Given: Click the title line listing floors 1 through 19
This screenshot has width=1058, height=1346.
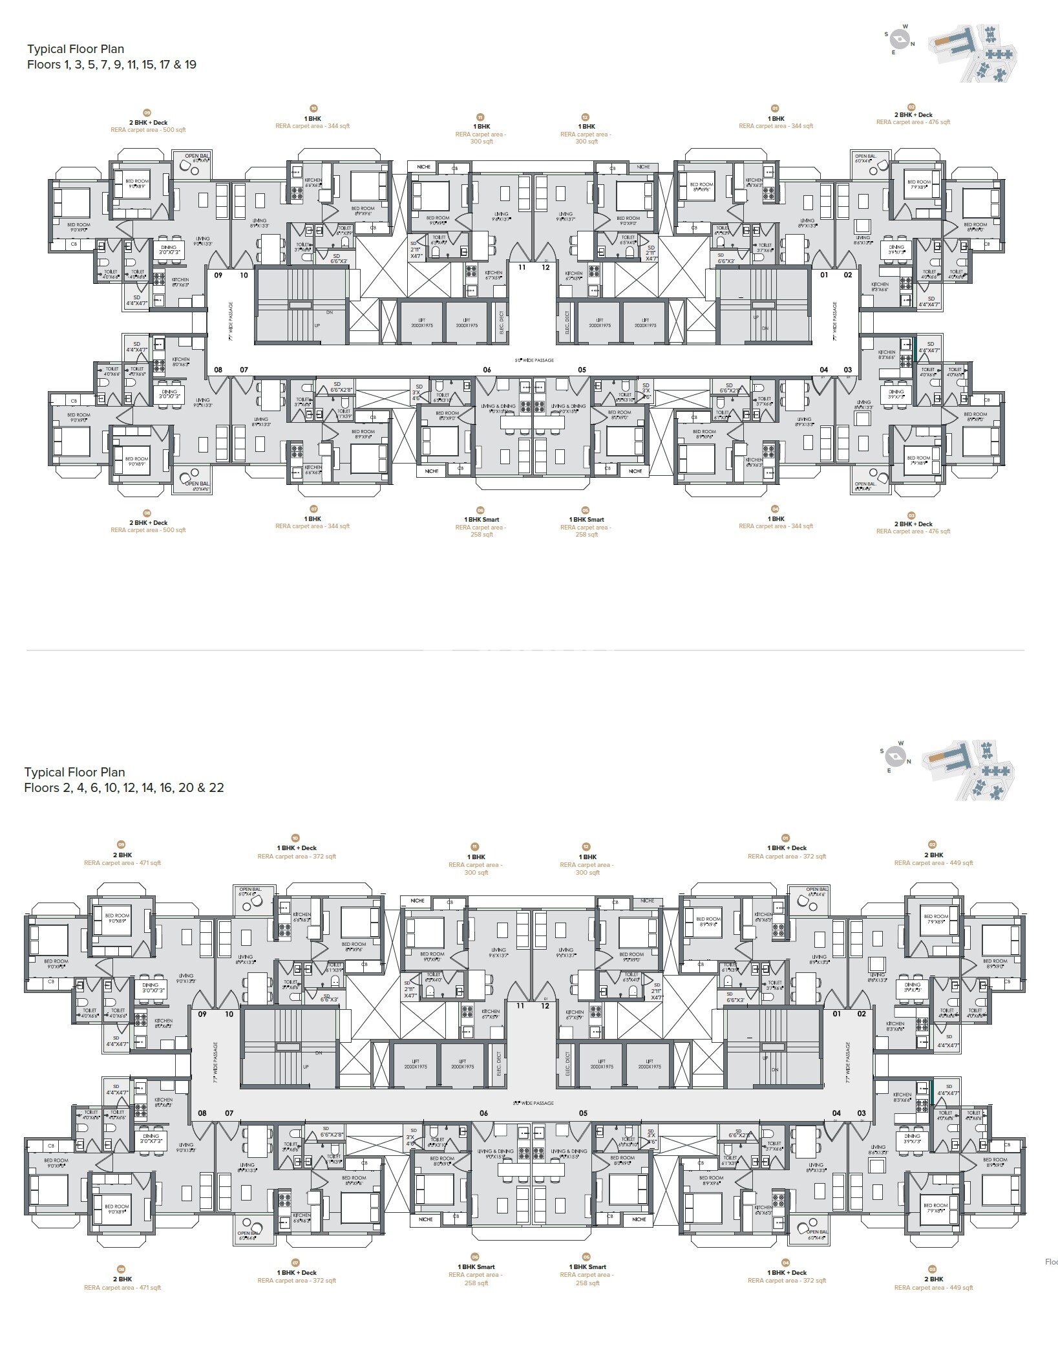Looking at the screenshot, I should click(112, 65).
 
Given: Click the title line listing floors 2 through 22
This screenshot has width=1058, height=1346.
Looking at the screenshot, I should click(124, 787).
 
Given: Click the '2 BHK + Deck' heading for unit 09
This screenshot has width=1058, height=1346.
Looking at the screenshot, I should click(148, 122).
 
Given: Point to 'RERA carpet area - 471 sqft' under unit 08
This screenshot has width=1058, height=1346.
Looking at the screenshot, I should click(122, 1287).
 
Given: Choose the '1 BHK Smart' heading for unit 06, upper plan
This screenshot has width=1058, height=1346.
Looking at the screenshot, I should click(481, 519).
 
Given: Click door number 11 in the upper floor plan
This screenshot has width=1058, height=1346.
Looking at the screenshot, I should click(522, 266).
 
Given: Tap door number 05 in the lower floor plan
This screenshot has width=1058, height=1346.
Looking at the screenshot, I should click(584, 1113).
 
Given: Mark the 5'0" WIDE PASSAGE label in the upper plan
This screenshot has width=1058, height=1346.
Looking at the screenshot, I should click(534, 360).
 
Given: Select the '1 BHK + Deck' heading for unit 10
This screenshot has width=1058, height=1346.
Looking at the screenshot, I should click(297, 848).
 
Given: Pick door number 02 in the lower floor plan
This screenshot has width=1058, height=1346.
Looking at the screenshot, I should click(862, 1014).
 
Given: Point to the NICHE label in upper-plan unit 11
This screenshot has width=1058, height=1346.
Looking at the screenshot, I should click(423, 167).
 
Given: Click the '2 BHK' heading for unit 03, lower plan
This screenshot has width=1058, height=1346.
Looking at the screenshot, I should click(933, 1279).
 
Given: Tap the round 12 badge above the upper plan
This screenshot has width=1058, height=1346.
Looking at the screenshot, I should click(586, 118).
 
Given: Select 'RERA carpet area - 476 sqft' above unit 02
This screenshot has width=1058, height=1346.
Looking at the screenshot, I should click(913, 122).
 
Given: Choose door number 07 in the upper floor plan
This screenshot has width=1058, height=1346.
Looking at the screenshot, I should click(244, 370).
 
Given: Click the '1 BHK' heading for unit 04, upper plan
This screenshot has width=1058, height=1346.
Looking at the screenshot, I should click(776, 518).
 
